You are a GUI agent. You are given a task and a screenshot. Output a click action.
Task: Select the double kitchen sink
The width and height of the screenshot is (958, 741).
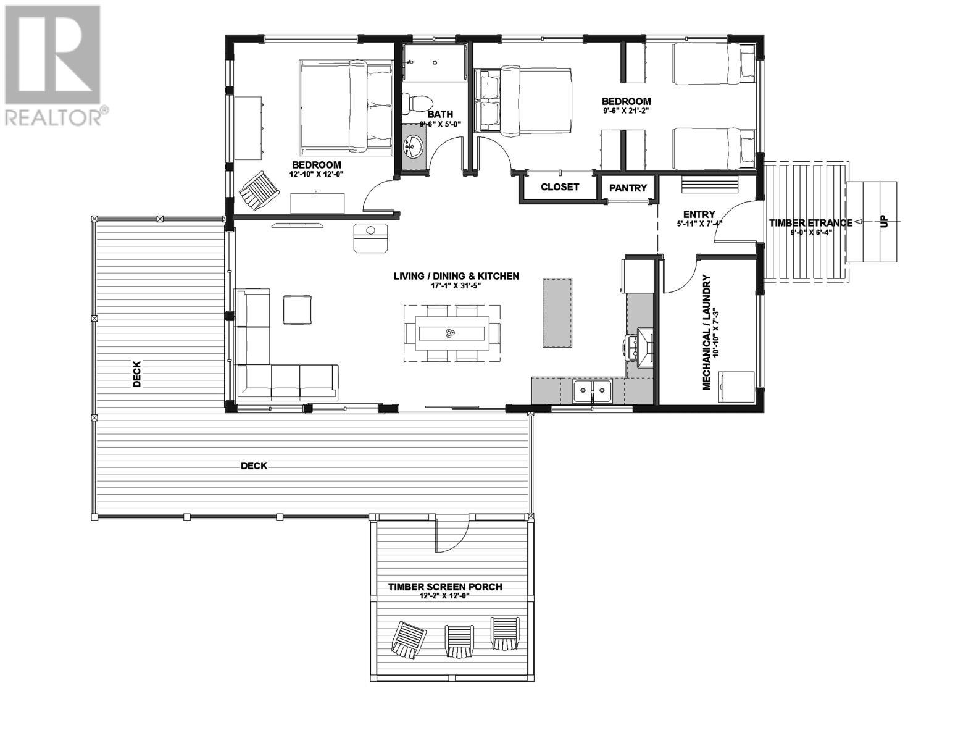click(x=592, y=390)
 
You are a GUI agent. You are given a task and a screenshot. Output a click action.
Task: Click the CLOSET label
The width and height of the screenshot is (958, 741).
click(x=560, y=187)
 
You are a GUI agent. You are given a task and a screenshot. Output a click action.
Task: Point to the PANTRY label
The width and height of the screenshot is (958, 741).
click(x=628, y=188)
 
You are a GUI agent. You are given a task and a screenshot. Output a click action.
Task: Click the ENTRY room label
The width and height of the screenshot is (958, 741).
click(x=699, y=214)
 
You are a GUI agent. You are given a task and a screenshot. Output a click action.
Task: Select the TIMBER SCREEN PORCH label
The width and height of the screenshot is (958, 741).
click(x=444, y=587)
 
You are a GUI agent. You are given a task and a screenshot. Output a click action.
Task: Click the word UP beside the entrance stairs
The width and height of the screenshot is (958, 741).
click(x=885, y=222)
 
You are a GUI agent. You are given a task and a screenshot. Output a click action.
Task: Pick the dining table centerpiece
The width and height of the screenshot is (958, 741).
click(x=448, y=333)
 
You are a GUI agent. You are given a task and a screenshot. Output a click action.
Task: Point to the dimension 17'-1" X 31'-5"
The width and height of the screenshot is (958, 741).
click(x=456, y=287)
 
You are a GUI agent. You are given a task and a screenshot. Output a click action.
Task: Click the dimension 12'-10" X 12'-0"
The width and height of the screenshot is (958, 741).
click(x=316, y=175)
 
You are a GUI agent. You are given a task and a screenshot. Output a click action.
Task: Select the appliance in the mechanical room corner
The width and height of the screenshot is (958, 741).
click(x=736, y=387)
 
